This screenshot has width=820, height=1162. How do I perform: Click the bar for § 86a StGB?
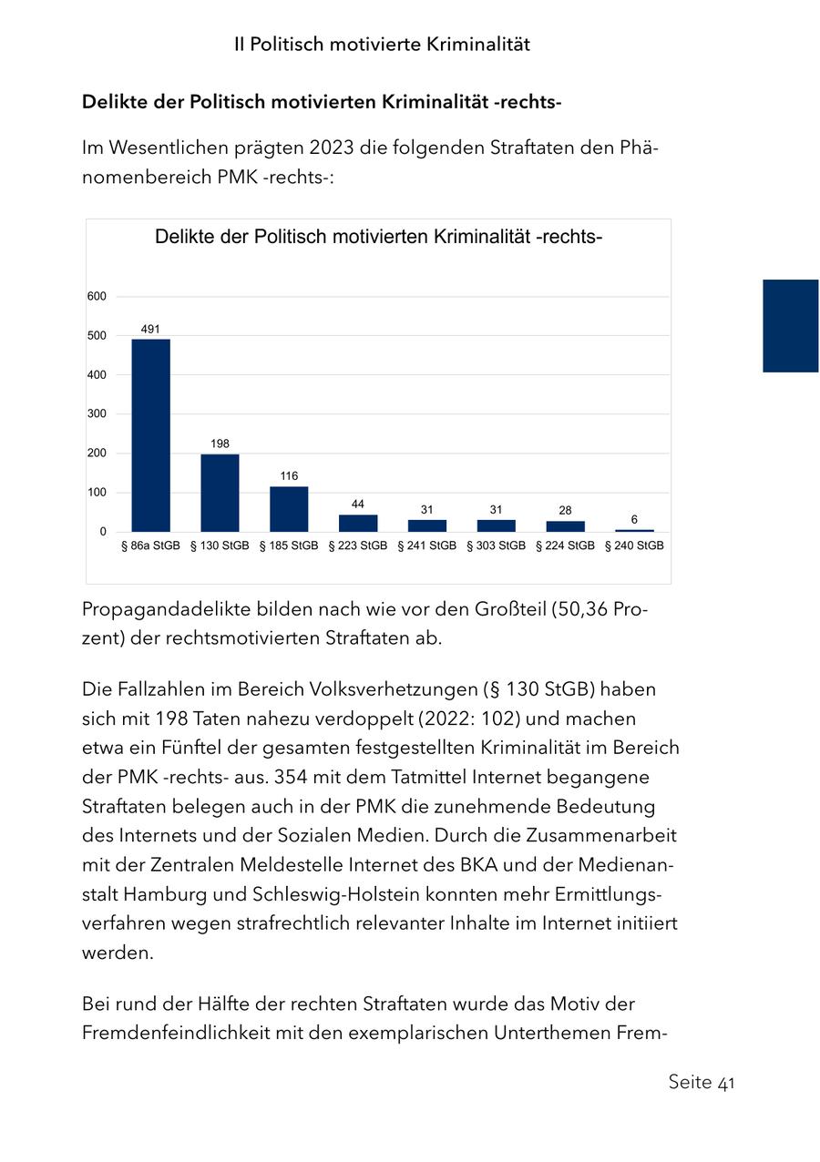150,435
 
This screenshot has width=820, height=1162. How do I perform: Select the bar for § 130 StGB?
220,493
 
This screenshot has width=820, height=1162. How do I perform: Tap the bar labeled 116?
289,509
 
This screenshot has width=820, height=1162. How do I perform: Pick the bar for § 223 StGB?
358,523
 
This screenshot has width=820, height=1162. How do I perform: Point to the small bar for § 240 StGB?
634,530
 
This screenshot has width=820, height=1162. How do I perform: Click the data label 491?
150,328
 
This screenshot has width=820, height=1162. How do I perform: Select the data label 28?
565,510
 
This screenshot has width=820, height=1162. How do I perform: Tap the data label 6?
634,518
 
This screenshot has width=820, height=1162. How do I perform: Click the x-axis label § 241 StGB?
426,546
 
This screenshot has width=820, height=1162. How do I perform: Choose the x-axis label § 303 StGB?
496,546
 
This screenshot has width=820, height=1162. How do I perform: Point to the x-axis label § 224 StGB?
565,546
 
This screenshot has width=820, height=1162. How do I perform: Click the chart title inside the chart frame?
378,238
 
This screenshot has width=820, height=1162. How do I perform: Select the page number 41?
726,1083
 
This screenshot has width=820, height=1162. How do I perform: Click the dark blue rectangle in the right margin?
790,325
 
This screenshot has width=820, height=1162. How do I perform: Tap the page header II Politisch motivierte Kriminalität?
382,44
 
